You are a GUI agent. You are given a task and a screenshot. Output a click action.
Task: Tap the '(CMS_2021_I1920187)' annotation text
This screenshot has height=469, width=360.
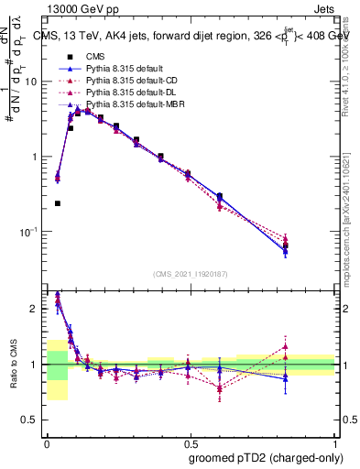click(x=191, y=274)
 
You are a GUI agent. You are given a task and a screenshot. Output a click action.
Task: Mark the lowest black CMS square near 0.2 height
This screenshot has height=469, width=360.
click(x=58, y=203)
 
